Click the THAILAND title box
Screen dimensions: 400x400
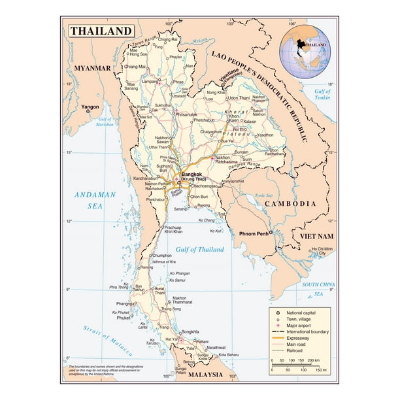tap(101, 31)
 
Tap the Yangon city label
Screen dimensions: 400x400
tap(90, 106)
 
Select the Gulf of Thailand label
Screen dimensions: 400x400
tap(199, 250)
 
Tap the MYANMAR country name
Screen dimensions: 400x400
tap(92, 68)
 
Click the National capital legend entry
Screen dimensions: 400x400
tap(305, 310)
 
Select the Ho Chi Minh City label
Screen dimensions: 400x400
tap(322, 252)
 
